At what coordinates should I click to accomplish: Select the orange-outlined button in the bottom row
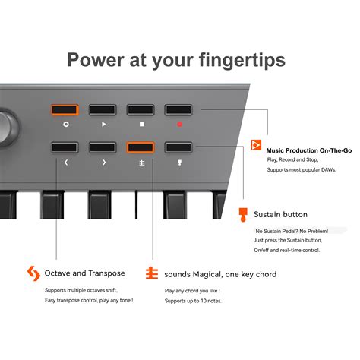tap(141, 147)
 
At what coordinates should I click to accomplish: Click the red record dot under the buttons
tap(179, 122)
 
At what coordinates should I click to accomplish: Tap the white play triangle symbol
tap(103, 122)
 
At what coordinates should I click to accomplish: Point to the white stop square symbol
tap(141, 122)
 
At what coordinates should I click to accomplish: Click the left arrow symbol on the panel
tap(65, 162)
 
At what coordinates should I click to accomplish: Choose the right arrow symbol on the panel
tap(103, 162)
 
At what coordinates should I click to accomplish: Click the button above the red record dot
tap(178, 109)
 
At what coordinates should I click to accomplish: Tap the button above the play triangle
tap(103, 109)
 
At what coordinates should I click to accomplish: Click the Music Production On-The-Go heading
tap(308, 151)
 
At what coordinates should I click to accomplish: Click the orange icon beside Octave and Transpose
tap(33, 273)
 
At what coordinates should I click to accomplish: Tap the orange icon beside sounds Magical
tap(152, 273)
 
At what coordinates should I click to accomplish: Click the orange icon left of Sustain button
tap(243, 214)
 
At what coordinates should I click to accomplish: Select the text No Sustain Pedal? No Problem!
tap(292, 230)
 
